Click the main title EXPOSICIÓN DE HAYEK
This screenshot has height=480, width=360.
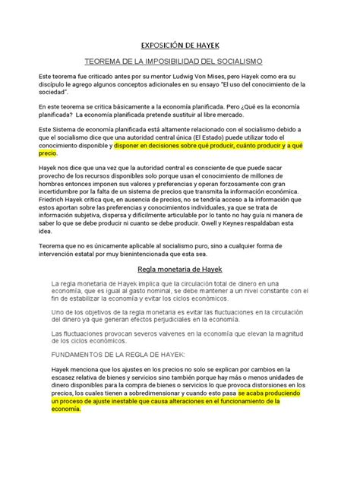[x=180, y=44]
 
